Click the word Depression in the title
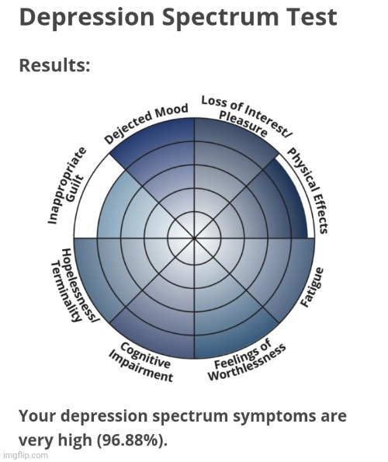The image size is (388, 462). pyautogui.click(x=87, y=18)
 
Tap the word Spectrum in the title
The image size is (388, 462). pyautogui.click(x=220, y=18)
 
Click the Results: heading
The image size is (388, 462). pyautogui.click(x=54, y=65)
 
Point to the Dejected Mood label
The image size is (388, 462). pyautogui.click(x=147, y=123)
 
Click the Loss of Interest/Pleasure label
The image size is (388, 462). pyautogui.click(x=247, y=117)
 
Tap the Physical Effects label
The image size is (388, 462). pyautogui.click(x=307, y=191)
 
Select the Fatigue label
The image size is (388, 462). pyautogui.click(x=312, y=287)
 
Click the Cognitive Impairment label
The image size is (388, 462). pyautogui.click(x=141, y=363)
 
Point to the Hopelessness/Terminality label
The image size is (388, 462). pyautogui.click(x=74, y=285)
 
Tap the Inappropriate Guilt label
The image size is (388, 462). pyautogui.click(x=67, y=186)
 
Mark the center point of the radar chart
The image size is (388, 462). pyautogui.click(x=194, y=237)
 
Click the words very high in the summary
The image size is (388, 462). pyautogui.click(x=55, y=440)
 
